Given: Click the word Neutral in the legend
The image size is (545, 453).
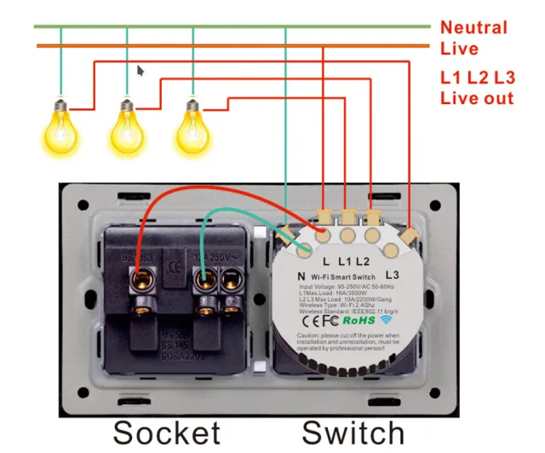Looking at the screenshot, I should [x=473, y=27].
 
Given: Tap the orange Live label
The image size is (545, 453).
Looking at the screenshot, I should [x=460, y=49].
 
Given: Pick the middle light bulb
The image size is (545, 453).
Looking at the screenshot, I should [x=127, y=125].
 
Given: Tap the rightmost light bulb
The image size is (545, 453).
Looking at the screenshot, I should [x=192, y=125].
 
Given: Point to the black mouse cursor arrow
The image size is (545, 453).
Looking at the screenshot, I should [x=141, y=69].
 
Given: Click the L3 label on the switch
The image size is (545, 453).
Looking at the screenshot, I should [x=393, y=275].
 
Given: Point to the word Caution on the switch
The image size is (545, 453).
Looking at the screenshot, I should [x=312, y=338].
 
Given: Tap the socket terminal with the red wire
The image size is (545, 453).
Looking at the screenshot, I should [x=137, y=281].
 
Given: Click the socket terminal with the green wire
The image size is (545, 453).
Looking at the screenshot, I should [x=204, y=280].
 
